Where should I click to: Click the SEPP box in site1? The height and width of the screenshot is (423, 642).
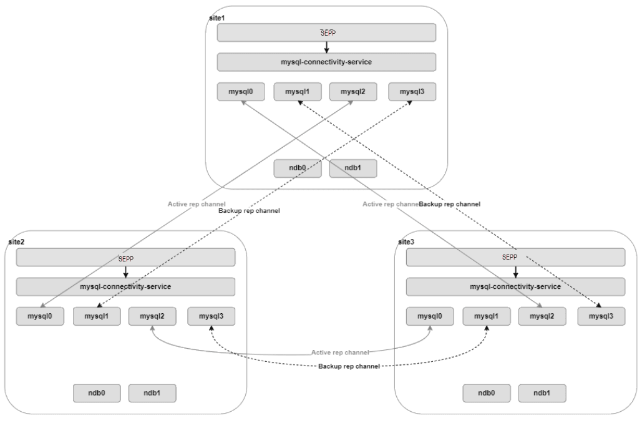tap(326, 32)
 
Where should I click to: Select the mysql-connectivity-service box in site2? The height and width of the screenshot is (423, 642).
tap(125, 286)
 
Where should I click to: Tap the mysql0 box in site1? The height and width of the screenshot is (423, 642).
tap(241, 92)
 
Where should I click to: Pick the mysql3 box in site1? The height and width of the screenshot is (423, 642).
tap(412, 92)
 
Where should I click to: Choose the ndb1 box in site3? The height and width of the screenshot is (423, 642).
tap(542, 393)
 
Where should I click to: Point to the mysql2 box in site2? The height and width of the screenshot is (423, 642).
tap(152, 316)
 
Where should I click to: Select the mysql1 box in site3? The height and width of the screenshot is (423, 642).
tap(486, 316)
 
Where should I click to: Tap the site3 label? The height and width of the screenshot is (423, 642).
tap(406, 241)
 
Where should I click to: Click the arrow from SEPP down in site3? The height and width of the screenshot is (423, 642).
tap(515, 272)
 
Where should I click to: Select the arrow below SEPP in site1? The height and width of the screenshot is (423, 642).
tap(326, 47)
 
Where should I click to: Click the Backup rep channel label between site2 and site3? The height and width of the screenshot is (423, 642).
tap(349, 366)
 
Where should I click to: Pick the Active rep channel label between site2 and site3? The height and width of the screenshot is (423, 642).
tap(340, 352)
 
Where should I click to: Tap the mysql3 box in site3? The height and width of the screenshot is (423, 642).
tap(601, 316)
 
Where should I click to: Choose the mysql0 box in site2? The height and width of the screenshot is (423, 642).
tap(40, 316)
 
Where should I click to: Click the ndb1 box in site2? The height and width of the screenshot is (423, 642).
tap(152, 393)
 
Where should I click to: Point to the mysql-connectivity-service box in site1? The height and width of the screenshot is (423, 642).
tap(326, 62)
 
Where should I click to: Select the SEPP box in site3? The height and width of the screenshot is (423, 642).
tap(515, 257)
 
